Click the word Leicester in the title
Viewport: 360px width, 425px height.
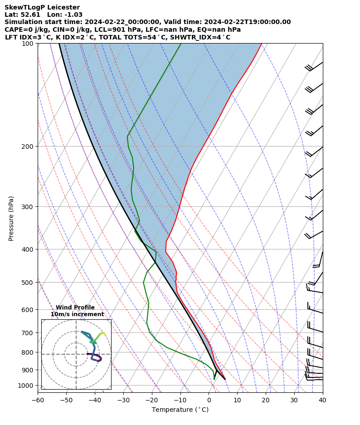click(61, 7)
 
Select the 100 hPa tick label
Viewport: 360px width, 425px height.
click(29, 44)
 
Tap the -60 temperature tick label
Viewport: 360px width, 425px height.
click(38, 400)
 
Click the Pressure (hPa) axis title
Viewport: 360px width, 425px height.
click(11, 218)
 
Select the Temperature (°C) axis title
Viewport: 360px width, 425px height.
click(180, 410)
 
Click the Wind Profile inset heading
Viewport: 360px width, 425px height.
click(75, 308)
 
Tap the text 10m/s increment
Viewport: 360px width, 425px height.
click(77, 314)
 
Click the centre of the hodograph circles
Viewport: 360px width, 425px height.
click(76, 354)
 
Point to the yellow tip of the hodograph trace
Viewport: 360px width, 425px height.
click(104, 333)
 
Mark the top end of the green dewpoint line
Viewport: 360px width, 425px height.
click(181, 44)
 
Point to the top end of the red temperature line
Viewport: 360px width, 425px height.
click(262, 44)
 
